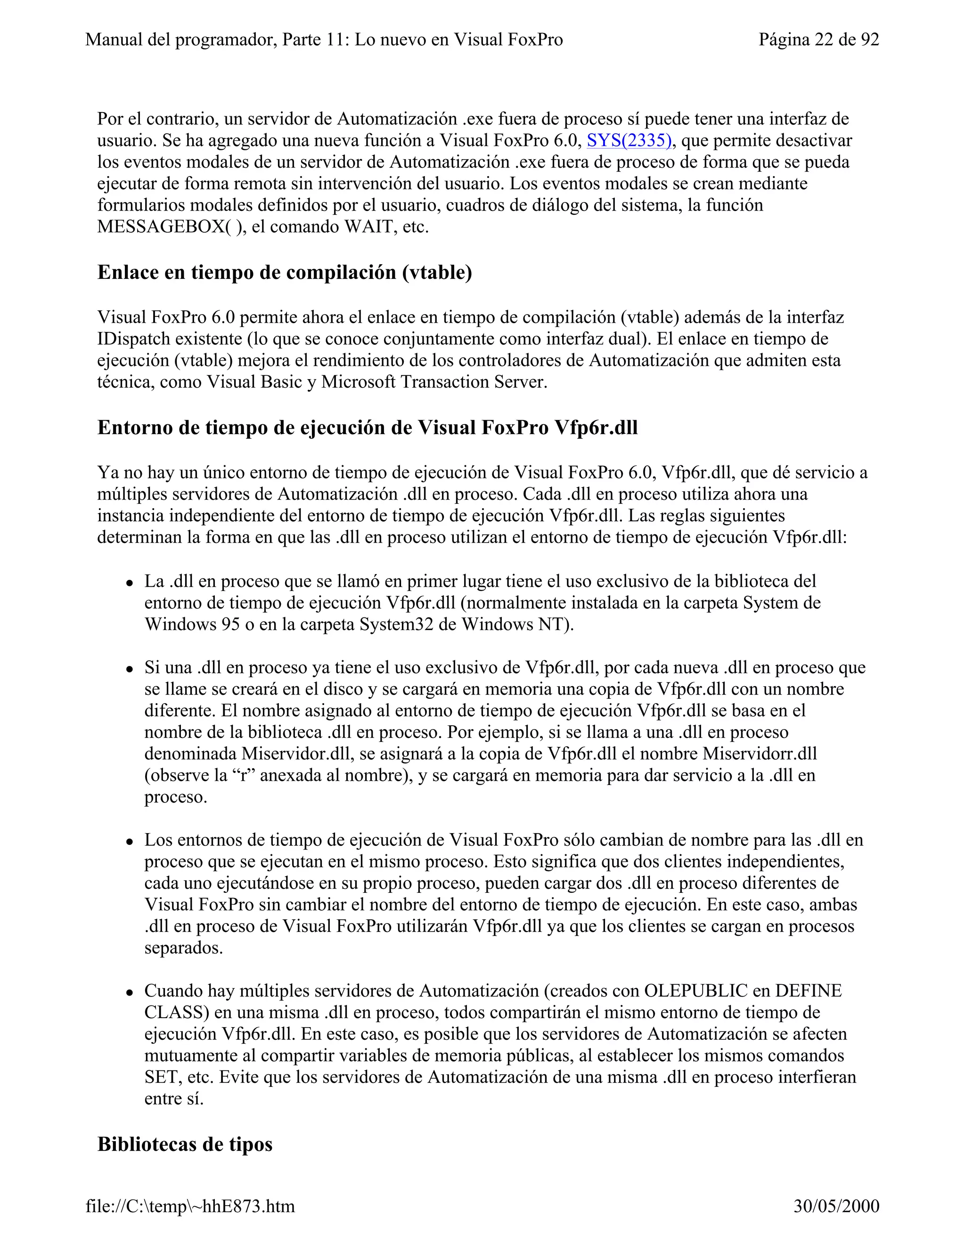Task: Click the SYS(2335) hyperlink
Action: pos(629,140)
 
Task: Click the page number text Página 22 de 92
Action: pos(818,40)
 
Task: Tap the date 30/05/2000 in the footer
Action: pos(836,1206)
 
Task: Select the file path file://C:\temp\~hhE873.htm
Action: pos(190,1206)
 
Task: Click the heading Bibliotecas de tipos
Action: pos(185,1143)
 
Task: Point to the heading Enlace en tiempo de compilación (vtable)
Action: pos(285,272)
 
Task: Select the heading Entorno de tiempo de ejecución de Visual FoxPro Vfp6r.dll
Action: pos(367,428)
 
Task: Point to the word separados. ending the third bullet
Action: pos(183,948)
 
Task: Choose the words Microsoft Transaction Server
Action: pos(434,382)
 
